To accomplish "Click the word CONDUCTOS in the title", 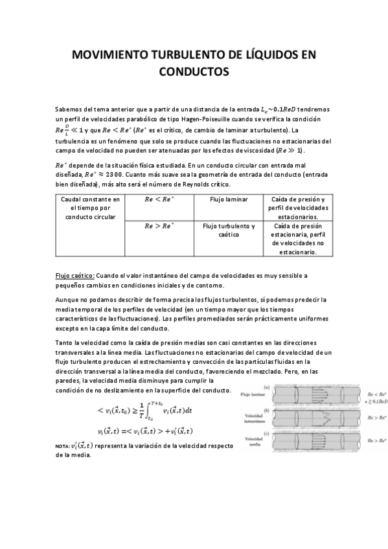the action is (x=194, y=71).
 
